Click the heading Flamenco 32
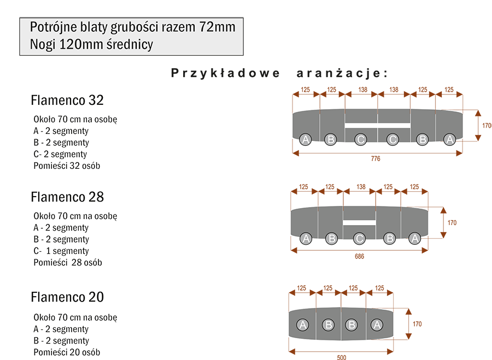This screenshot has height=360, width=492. coord(67,101)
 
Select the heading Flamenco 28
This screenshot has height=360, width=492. coord(67,197)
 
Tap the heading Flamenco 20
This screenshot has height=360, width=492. coord(67,297)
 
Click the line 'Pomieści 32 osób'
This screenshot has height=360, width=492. coord(66,166)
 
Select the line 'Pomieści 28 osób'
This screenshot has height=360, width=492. coord(67,262)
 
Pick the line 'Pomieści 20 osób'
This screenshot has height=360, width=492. coord(66,352)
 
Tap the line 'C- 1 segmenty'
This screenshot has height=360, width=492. coord(61,251)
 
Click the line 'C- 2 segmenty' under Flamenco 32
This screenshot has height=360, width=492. coord(60,154)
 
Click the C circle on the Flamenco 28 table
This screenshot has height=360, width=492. coord(359,238)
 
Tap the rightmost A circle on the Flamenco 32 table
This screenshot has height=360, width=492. coord(449,139)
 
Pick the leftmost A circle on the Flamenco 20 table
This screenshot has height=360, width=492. coord(302,324)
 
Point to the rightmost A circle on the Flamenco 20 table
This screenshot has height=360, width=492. coord(376,324)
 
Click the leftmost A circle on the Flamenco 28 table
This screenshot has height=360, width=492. coord(306,238)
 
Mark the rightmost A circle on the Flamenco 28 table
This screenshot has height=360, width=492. coord(414,238)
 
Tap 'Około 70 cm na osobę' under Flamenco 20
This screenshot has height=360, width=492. coord(75,317)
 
